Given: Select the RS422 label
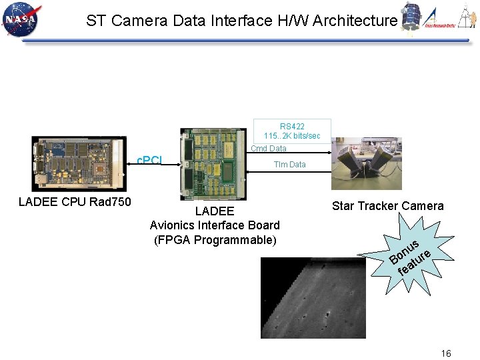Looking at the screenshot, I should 292,127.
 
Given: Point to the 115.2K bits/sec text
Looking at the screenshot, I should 292,136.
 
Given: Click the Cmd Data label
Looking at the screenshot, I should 269,149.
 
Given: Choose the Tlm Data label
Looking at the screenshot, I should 290,165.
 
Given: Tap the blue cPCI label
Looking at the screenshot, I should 149,161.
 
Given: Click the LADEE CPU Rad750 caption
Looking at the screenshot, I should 75,202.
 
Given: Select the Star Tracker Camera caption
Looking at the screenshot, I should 387,206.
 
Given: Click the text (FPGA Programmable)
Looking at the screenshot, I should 215,240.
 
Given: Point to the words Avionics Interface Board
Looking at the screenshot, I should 215,225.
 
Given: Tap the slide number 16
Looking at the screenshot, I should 446,353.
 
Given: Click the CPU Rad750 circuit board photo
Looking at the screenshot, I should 79,163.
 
